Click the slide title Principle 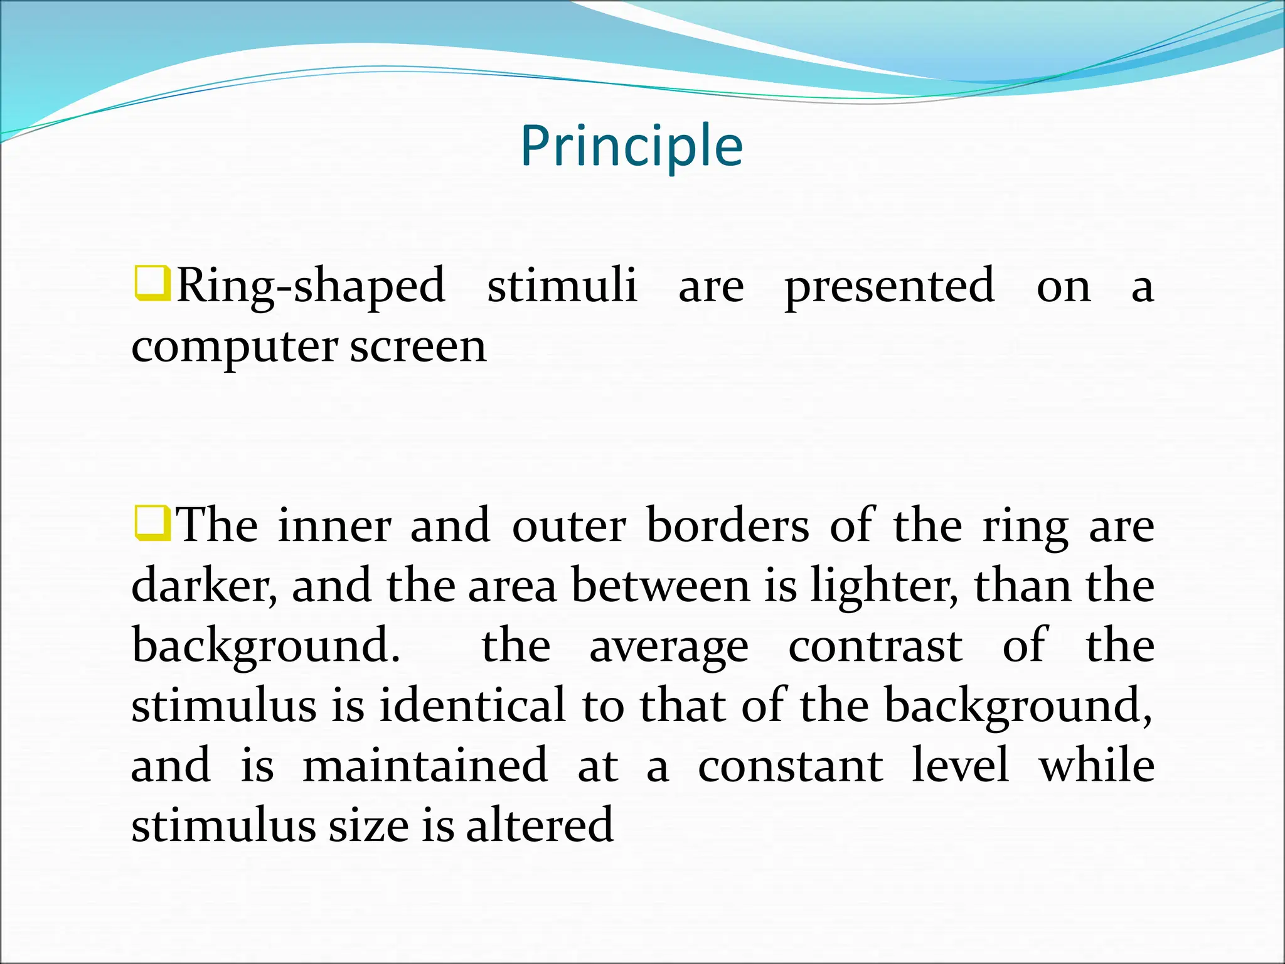click(x=632, y=146)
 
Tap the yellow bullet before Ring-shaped click(x=152, y=284)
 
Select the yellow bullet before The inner click(x=152, y=523)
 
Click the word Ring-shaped click(x=311, y=286)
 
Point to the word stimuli click(x=562, y=285)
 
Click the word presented click(x=889, y=286)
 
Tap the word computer click(x=235, y=347)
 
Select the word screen click(x=418, y=347)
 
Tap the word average click(x=669, y=647)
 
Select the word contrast click(x=875, y=646)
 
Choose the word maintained click(x=425, y=765)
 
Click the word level click(x=960, y=765)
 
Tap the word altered click(x=540, y=825)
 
